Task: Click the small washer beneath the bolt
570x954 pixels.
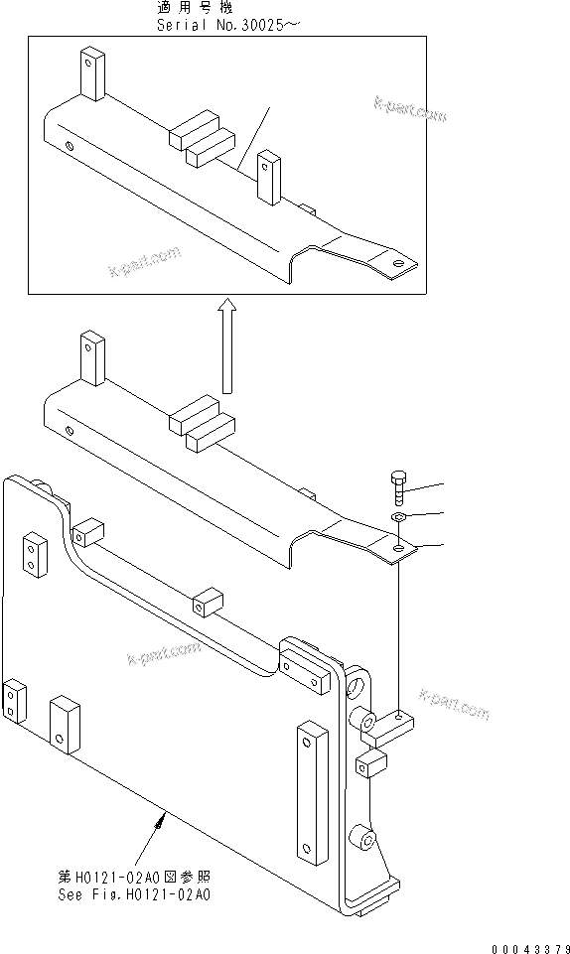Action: pyautogui.click(x=396, y=517)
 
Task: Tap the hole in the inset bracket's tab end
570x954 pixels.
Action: pyautogui.click(x=399, y=264)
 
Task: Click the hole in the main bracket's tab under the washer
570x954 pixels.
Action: pyautogui.click(x=399, y=548)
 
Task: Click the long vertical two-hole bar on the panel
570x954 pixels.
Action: pyautogui.click(x=311, y=791)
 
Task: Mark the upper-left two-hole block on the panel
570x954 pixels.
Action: pyautogui.click(x=36, y=555)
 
